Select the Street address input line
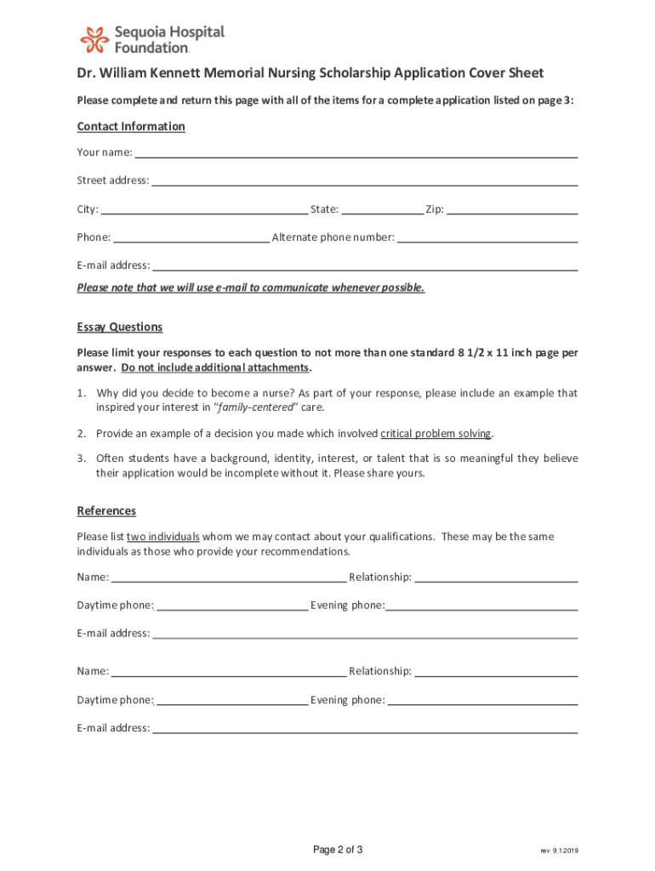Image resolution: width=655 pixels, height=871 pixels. pyautogui.click(x=364, y=180)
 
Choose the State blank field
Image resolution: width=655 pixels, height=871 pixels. pyautogui.click(x=382, y=209)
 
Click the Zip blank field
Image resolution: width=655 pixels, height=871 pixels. pyautogui.click(x=512, y=209)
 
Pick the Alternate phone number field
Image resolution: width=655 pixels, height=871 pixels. pyautogui.click(x=487, y=237)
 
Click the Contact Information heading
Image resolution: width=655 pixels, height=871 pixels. pyautogui.click(x=131, y=127)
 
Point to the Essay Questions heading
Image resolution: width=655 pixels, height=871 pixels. pyautogui.click(x=120, y=327)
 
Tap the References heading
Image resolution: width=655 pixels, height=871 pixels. pyautogui.click(x=106, y=511)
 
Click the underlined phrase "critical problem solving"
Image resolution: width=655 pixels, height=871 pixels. pyautogui.click(x=436, y=434)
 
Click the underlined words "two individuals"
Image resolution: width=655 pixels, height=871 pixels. pyautogui.click(x=163, y=537)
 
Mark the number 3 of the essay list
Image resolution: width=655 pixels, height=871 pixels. pyautogui.click(x=81, y=458)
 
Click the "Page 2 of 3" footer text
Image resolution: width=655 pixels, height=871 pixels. pyautogui.click(x=338, y=850)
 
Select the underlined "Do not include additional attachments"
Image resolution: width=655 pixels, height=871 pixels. pyautogui.click(x=215, y=368)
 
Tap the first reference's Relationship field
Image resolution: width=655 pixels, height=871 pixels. pyautogui.click(x=496, y=578)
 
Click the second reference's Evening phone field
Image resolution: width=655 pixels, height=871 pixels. pyautogui.click(x=482, y=700)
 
